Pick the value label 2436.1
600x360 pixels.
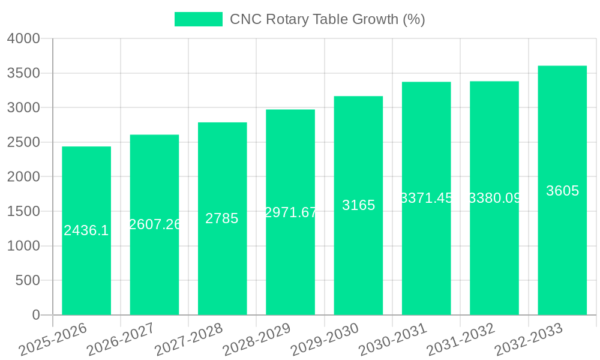click(x=86, y=230)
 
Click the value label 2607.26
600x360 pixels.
click(x=155, y=224)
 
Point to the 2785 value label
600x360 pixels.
click(x=222, y=218)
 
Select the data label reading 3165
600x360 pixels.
click(x=358, y=205)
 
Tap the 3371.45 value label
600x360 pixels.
click(x=426, y=198)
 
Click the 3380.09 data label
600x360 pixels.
click(x=494, y=198)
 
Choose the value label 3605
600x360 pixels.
click(x=562, y=191)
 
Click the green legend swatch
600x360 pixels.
click(x=198, y=19)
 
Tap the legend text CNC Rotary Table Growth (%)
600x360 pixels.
click(x=328, y=19)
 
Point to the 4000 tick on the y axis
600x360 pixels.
click(x=23, y=38)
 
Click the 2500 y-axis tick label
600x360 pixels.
click(x=23, y=142)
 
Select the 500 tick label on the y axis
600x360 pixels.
click(x=27, y=280)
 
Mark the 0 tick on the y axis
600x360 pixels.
click(x=35, y=315)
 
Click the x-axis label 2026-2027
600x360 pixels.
click(x=121, y=339)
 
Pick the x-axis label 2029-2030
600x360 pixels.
click(x=325, y=339)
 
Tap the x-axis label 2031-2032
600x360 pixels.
click(x=460, y=339)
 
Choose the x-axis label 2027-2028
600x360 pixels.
click(x=188, y=339)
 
